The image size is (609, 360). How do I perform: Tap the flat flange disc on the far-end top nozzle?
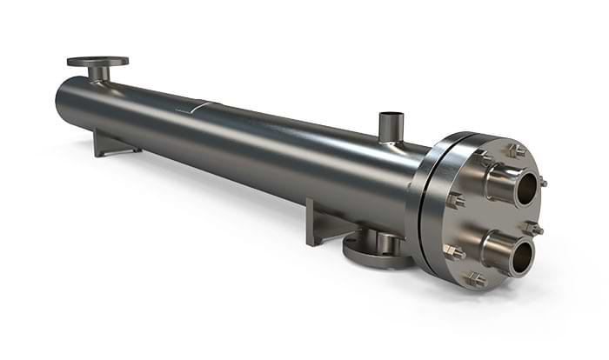pyautogui.click(x=97, y=61)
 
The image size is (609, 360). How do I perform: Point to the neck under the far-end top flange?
pyautogui.click(x=98, y=73)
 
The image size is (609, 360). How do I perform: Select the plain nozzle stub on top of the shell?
pyautogui.click(x=391, y=129)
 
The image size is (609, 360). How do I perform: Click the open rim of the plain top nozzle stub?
pyautogui.click(x=391, y=115)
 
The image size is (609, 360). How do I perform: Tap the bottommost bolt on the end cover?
pyautogui.click(x=475, y=279)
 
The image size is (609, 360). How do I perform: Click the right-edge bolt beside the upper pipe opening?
pyautogui.click(x=542, y=183)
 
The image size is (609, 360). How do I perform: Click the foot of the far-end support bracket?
pyautogui.click(x=117, y=153)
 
